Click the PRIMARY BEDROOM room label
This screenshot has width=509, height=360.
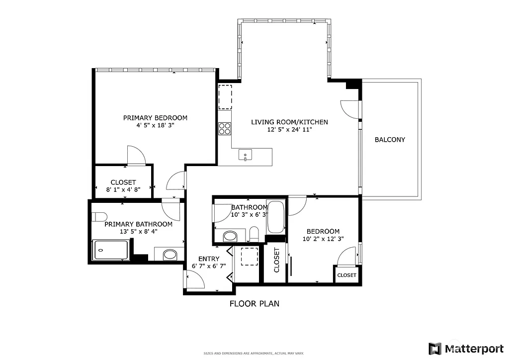pyautogui.click(x=155, y=118)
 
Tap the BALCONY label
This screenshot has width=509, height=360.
pyautogui.click(x=390, y=140)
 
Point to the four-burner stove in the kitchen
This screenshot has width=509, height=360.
pyautogui.click(x=225, y=128)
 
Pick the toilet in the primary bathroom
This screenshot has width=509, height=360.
pyautogui.click(x=100, y=216)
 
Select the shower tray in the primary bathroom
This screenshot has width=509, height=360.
pyautogui.click(x=111, y=250)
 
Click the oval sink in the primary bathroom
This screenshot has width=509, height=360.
pyautogui.click(x=170, y=255)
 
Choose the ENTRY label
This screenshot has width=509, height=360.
pyautogui.click(x=208, y=259)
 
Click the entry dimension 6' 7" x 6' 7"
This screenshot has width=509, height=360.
pyautogui.click(x=209, y=266)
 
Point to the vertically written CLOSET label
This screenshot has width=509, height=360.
pyautogui.click(x=276, y=260)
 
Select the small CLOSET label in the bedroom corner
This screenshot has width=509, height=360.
pyautogui.click(x=346, y=275)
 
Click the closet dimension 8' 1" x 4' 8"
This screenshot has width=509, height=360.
pyautogui.click(x=123, y=189)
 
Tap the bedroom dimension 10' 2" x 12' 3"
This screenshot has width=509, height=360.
pyautogui.click(x=323, y=239)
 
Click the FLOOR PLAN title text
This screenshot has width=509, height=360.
pyautogui.click(x=254, y=303)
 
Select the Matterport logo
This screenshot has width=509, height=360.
pyautogui.click(x=466, y=348)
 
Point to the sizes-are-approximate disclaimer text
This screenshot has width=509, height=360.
pyautogui.click(x=254, y=353)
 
